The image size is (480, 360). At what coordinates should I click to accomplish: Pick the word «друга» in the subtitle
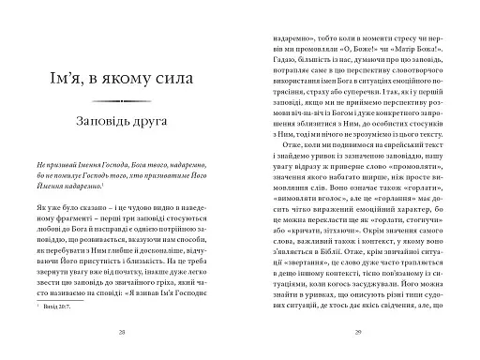(160, 122)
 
